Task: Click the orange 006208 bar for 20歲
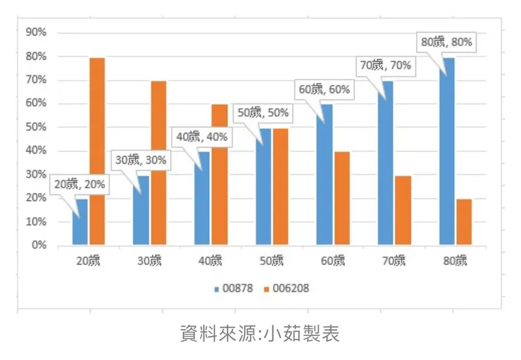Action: pos(97,151)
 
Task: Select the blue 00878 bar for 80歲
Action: pos(447,151)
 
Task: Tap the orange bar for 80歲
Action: pos(464,222)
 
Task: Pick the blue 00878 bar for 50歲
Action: pos(263,187)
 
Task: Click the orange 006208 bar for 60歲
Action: pos(342,199)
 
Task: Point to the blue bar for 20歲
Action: pos(80,222)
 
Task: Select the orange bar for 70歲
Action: pos(403,211)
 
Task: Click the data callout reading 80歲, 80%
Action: pos(446,42)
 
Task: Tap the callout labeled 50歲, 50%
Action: pos(263,113)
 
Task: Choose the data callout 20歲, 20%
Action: pos(80,184)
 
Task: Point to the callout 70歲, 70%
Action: pos(386,66)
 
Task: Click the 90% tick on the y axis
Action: pos(36,32)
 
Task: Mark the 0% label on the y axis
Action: pos(39,245)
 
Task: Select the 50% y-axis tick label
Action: pos(36,127)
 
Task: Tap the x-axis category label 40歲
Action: pos(211,261)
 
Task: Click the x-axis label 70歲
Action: pos(394,261)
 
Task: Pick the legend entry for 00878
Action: pos(234,288)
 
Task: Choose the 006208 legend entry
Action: pos(287,288)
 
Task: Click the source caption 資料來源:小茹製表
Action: pos(260,333)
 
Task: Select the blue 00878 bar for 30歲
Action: pos(141,211)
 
